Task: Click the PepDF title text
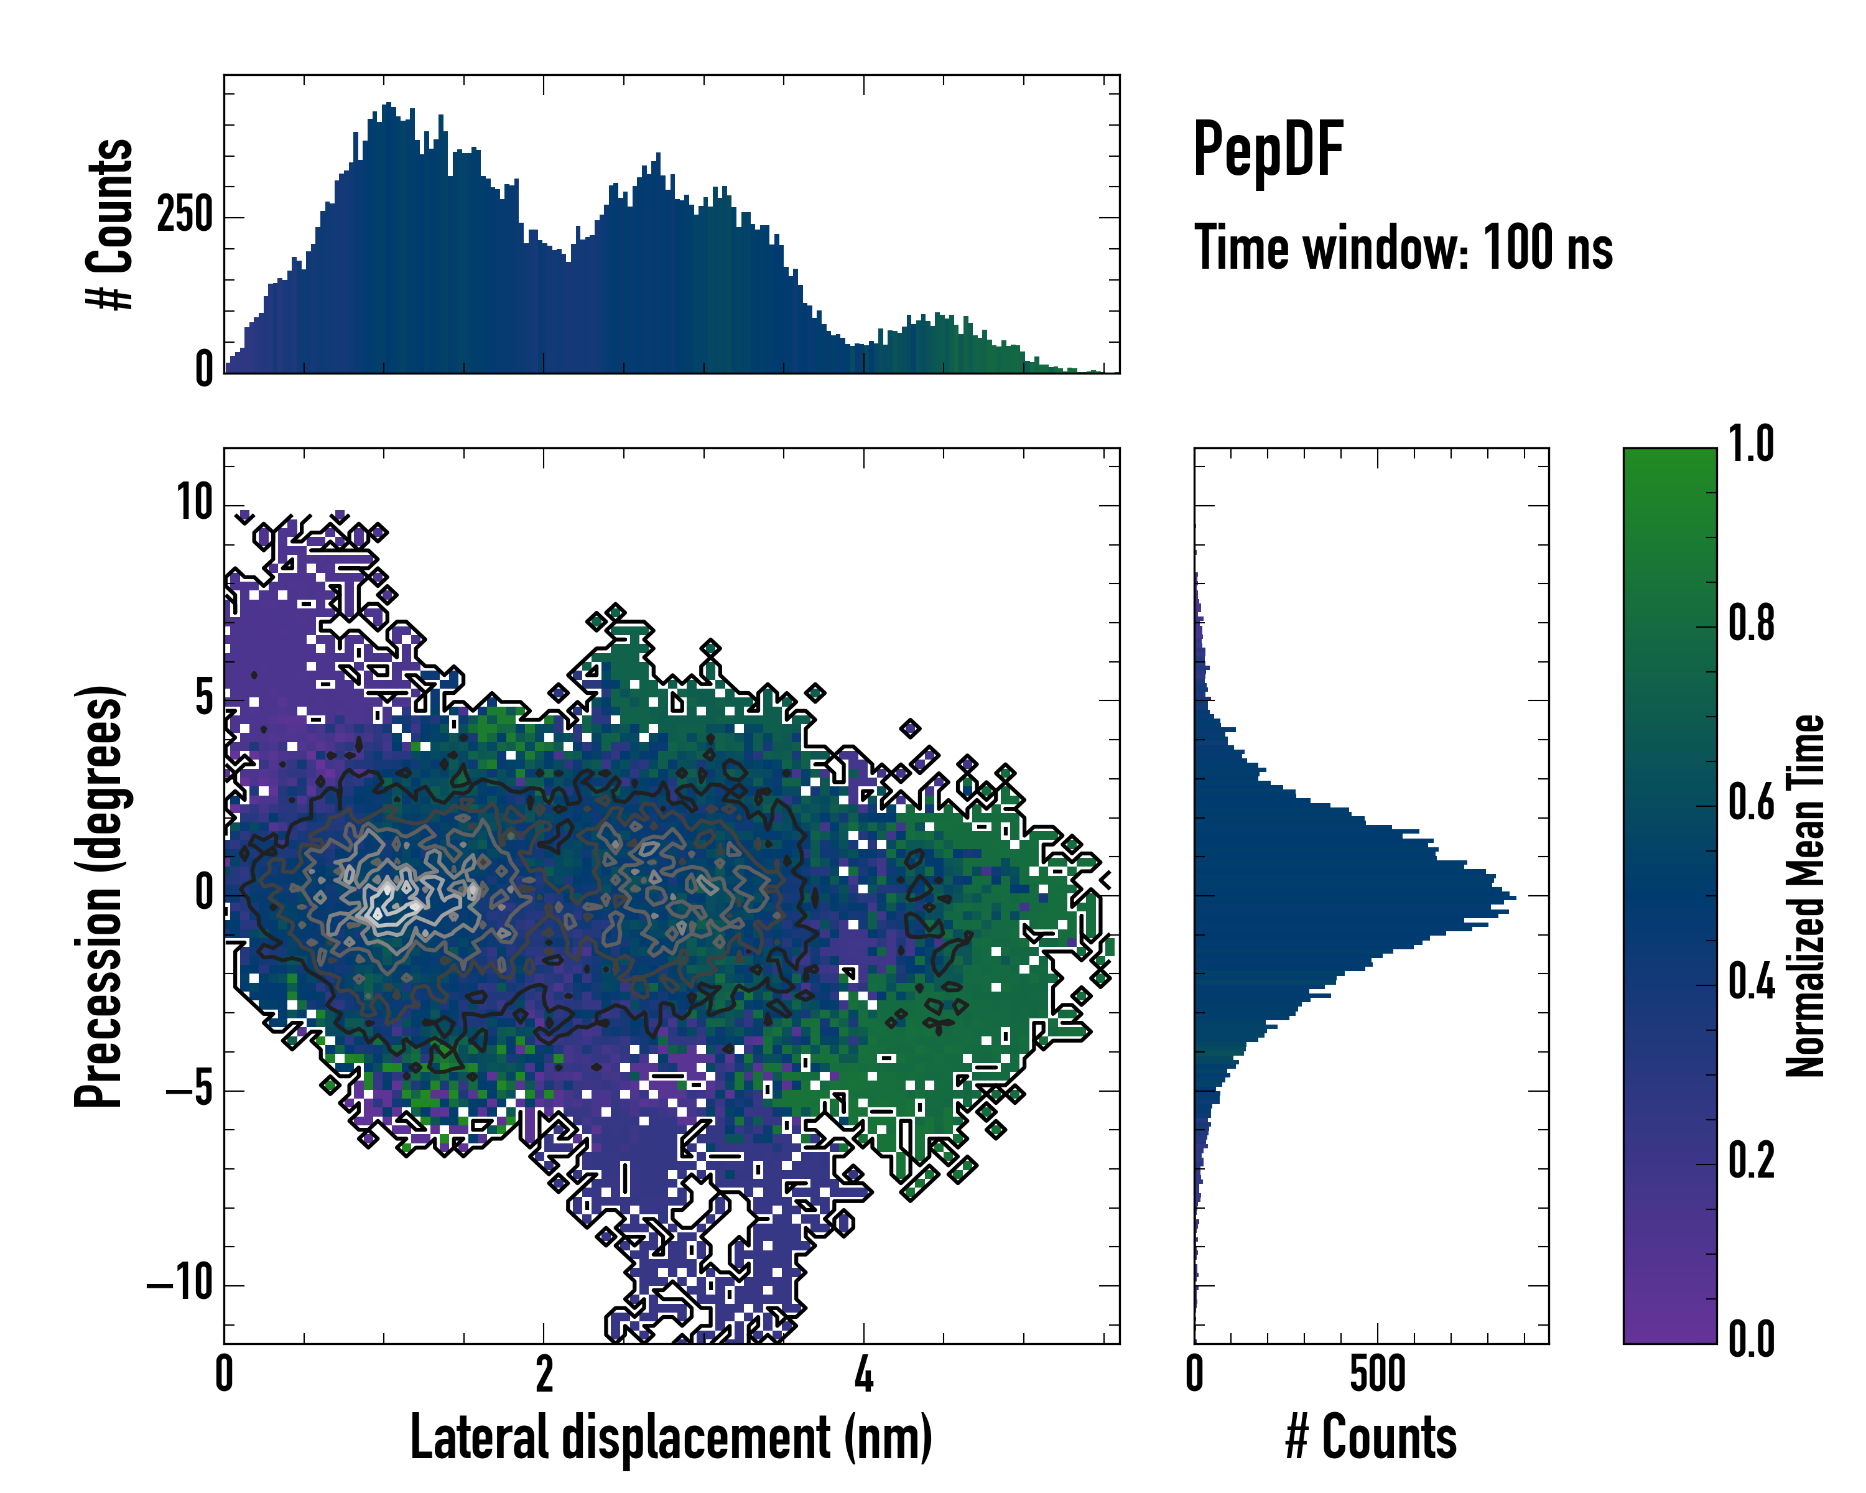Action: coord(1267,150)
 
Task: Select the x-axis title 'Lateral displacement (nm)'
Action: coord(671,1438)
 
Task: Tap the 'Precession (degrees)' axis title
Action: coord(100,896)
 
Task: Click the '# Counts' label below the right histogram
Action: coord(1371,1438)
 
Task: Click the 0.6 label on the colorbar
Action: coord(1751,803)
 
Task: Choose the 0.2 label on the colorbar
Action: coord(1751,1161)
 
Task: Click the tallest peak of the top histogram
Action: coord(388,104)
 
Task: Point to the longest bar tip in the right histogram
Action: coord(1515,898)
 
